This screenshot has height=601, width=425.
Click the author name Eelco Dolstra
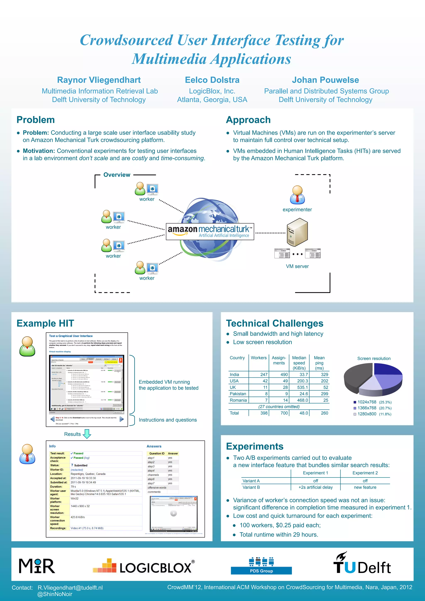point(212,80)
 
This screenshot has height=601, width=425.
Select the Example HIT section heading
point(45,323)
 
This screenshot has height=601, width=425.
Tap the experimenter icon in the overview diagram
point(297,195)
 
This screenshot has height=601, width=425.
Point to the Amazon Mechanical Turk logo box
point(210,231)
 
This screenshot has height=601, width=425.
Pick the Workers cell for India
point(264,375)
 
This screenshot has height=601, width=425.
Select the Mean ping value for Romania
point(326,400)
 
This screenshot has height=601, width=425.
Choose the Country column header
point(237,358)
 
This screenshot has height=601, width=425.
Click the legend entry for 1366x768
point(367,408)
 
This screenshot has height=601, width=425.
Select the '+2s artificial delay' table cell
point(315,487)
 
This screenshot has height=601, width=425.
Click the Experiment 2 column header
point(365,473)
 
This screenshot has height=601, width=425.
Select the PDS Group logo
point(261,566)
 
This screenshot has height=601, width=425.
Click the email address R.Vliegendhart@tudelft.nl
point(70,588)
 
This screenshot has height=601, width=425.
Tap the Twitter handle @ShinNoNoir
point(55,594)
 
